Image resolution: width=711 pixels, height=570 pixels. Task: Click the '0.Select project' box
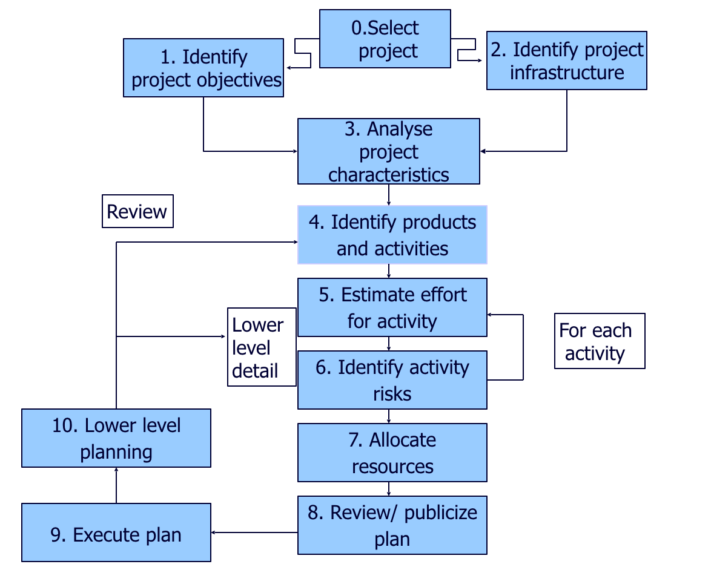click(x=385, y=39)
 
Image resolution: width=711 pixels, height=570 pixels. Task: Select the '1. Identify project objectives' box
click(x=203, y=68)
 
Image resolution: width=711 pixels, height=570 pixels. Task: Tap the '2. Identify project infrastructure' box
click(x=566, y=61)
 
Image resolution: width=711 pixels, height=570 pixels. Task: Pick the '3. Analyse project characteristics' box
click(x=388, y=151)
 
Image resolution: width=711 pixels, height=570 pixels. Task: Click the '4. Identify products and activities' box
click(x=392, y=235)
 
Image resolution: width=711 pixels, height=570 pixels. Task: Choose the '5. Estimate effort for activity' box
click(x=392, y=307)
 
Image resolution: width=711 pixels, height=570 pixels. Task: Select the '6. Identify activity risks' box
click(x=392, y=380)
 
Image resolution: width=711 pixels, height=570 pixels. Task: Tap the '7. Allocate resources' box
click(x=392, y=453)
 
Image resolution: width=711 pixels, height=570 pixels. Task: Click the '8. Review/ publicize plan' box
click(x=392, y=525)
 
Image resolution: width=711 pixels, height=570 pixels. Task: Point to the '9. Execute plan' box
click(x=116, y=532)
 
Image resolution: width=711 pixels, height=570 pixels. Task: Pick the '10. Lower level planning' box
click(x=116, y=438)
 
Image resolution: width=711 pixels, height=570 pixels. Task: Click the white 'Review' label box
click(x=137, y=211)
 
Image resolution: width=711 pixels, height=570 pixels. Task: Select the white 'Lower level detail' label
click(x=261, y=347)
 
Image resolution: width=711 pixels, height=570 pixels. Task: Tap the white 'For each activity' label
click(x=600, y=341)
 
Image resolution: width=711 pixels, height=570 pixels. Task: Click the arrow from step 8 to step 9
click(x=254, y=532)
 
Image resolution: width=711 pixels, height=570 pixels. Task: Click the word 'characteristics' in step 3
click(x=388, y=174)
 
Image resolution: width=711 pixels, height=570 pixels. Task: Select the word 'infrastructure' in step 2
click(x=566, y=73)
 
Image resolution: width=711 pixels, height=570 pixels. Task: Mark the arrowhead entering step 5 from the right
click(x=491, y=315)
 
